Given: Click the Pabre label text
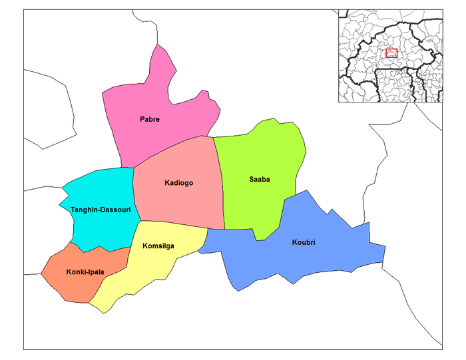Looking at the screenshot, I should pos(150,120).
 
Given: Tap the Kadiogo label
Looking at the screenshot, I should pos(178,183).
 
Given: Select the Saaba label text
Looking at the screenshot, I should pos(259,180).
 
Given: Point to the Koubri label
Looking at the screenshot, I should pos(303,242).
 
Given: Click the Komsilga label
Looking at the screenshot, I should pos(158,246).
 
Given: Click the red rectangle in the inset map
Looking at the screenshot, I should pos(391,53).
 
